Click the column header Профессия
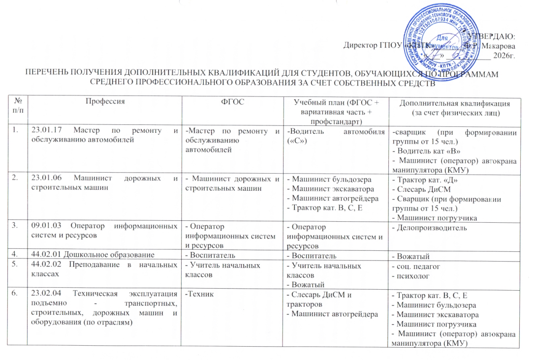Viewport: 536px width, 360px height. tap(105, 101)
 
